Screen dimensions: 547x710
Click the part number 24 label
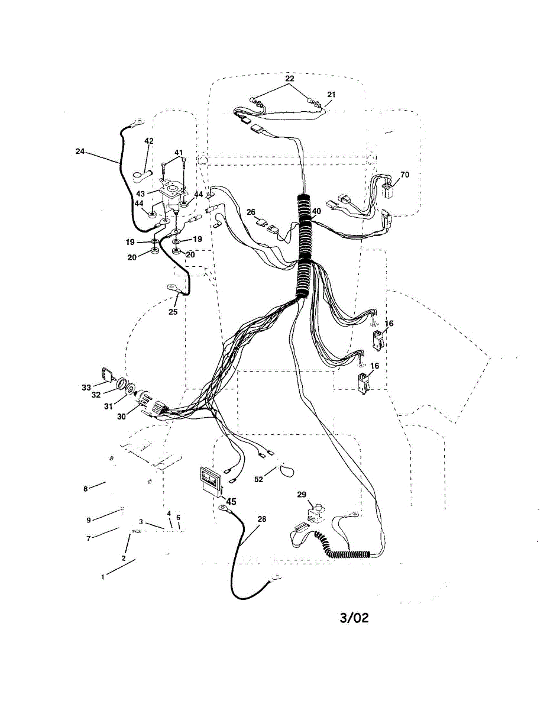coord(80,151)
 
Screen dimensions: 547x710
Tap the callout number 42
coord(149,141)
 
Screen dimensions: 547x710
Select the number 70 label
coord(404,175)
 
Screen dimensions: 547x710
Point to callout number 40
coord(316,211)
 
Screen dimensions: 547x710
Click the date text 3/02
coord(354,618)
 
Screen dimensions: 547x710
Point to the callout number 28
coord(262,519)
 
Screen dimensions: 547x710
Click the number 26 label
coord(251,212)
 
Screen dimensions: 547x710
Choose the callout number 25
coord(173,312)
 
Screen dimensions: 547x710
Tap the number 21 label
coord(331,95)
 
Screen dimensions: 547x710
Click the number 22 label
coord(289,79)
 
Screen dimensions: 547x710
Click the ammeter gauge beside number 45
coord(211,477)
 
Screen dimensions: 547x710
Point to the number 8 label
coord(86,489)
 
